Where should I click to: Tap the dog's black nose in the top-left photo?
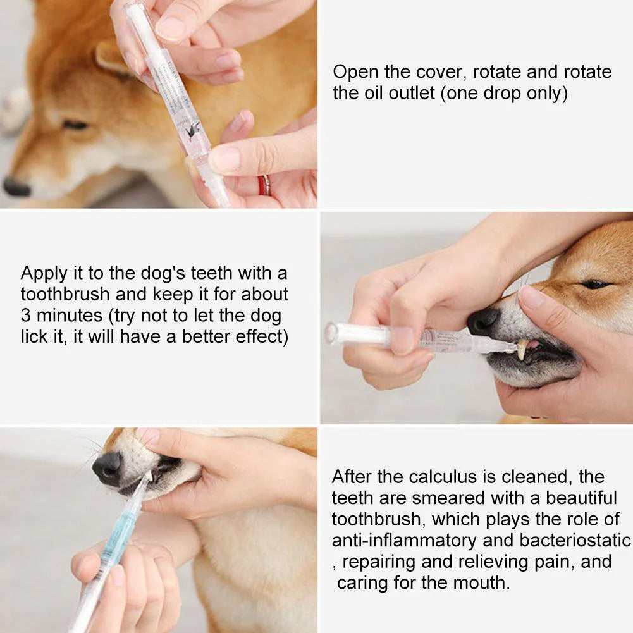tap(16, 187)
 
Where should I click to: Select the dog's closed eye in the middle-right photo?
tap(596, 284)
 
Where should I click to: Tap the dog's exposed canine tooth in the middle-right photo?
tap(523, 349)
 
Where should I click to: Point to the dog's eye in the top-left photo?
tap(75, 125)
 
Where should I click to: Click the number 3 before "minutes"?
tap(26, 316)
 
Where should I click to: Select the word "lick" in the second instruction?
tap(34, 337)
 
